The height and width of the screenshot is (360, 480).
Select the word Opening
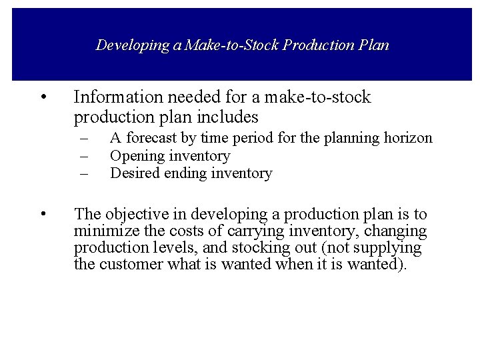[137, 156]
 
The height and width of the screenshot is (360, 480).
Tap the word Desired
[135, 173]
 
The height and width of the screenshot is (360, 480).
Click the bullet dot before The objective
[43, 215]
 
